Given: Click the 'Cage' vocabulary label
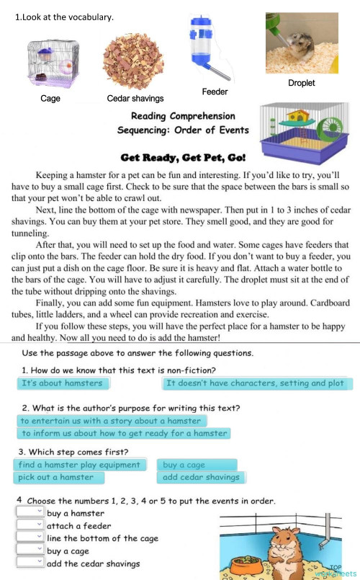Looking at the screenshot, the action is pyautogui.click(x=50, y=98).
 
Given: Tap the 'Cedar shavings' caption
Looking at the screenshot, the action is pyautogui.click(x=135, y=98).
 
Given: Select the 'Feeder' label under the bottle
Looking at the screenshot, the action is pyautogui.click(x=215, y=92).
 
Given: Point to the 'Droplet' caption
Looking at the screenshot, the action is pyautogui.click(x=301, y=83).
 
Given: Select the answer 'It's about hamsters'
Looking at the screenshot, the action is pyautogui.click(x=62, y=383).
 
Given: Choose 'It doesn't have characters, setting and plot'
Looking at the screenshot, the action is pyautogui.click(x=255, y=383).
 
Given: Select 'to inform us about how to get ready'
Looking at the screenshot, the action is pyautogui.click(x=124, y=434).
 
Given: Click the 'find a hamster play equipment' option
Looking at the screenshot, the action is pyautogui.click(x=79, y=465).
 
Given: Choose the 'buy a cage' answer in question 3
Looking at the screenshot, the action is pyautogui.click(x=184, y=465).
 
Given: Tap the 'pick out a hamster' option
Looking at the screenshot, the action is pyautogui.click(x=57, y=477).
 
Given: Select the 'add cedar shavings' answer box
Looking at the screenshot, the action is pyautogui.click(x=201, y=477).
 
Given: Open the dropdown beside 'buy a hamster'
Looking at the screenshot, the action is pyautogui.click(x=30, y=513).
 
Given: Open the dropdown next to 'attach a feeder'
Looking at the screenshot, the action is pyautogui.click(x=30, y=526).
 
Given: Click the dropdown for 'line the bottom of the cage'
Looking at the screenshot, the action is pyautogui.click(x=30, y=538).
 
